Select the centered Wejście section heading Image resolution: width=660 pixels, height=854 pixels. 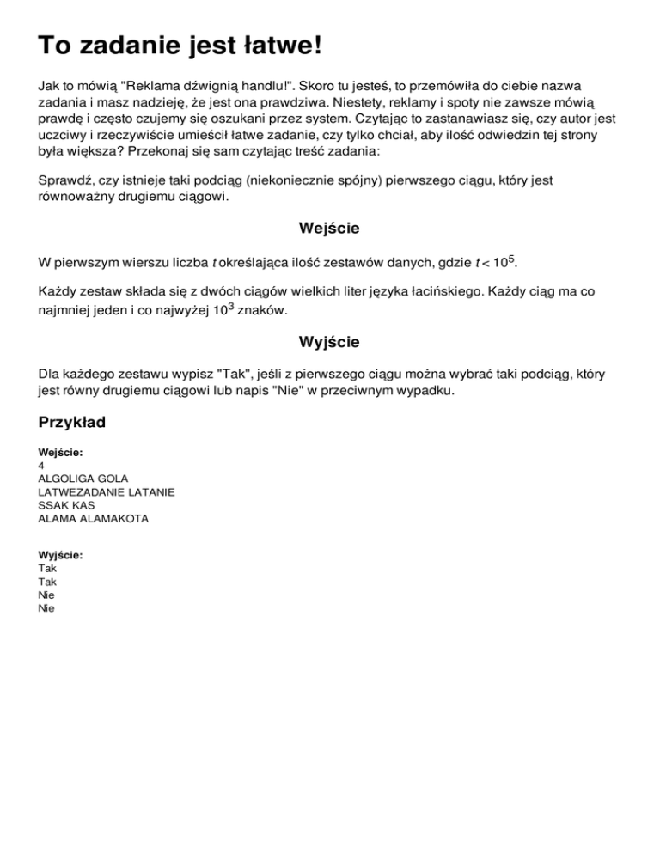click(x=329, y=229)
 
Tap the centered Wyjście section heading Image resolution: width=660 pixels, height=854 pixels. click(x=329, y=342)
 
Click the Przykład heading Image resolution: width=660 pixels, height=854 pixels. click(x=76, y=424)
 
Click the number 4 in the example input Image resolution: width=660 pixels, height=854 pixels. click(x=42, y=465)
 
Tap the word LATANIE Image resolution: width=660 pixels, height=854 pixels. click(x=152, y=492)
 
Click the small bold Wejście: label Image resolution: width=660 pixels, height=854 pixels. click(x=60, y=452)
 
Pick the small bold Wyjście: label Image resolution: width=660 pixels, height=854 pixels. click(x=61, y=555)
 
